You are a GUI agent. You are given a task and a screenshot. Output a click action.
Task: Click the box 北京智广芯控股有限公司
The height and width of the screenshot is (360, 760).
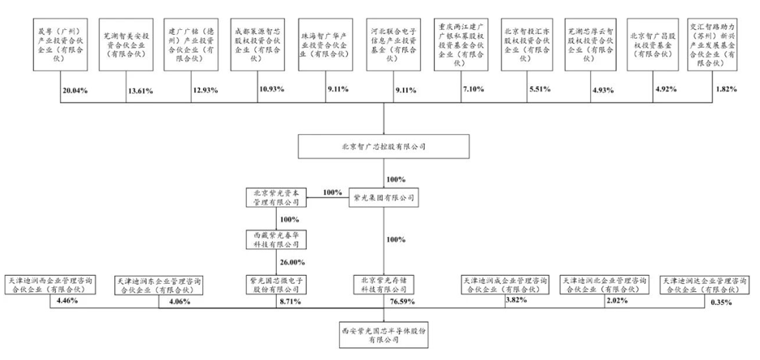point(383,147)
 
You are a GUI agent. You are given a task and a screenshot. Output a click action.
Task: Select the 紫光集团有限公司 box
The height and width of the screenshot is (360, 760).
point(383,197)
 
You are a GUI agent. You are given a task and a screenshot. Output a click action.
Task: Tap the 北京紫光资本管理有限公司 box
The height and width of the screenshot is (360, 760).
point(274,197)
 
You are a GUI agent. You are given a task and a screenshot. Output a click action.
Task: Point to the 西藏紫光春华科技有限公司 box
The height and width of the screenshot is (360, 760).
point(274,239)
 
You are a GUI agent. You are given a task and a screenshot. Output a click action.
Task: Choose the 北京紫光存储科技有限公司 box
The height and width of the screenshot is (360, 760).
point(383,283)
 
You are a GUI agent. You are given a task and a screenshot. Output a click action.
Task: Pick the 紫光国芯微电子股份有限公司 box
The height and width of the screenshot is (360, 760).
point(274,283)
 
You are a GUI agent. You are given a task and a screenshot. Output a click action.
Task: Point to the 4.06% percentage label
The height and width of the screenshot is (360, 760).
point(178,303)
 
